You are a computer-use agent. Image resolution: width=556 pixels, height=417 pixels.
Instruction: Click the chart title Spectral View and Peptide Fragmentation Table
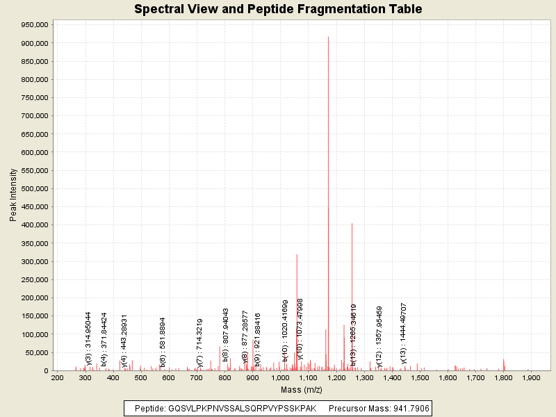tap(278, 9)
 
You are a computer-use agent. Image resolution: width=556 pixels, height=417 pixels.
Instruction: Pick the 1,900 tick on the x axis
tap(531, 377)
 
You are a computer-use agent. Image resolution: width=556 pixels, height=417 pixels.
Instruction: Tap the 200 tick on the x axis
tap(58, 377)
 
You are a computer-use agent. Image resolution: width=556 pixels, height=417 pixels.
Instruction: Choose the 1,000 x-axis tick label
tap(280, 377)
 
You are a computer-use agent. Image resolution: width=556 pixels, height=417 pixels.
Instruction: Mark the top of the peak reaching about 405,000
tap(352, 223)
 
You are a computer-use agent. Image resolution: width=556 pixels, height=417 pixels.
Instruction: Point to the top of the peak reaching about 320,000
tap(297, 254)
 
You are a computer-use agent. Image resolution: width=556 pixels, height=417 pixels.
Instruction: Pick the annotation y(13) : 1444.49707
tap(403, 333)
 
